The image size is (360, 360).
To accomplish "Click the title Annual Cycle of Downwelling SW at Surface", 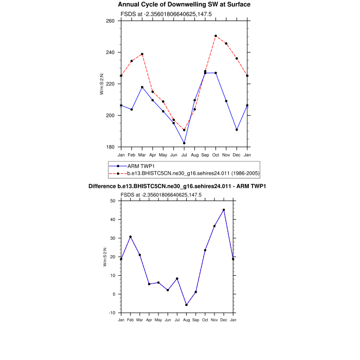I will pyautogui.click(x=184, y=5).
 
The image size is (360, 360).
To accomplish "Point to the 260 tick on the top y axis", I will pyautogui.click(x=111, y=21).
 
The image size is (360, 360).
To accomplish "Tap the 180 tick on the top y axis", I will pyautogui.click(x=111, y=147).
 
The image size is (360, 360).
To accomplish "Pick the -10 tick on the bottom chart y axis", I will pyautogui.click(x=113, y=313).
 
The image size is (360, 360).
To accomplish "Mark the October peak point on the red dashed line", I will pyautogui.click(x=215, y=36).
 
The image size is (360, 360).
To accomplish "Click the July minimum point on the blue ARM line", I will pyautogui.click(x=184, y=143).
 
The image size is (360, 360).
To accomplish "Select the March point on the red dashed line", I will pyautogui.click(x=142, y=54).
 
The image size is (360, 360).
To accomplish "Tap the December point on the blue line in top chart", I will pyautogui.click(x=237, y=130).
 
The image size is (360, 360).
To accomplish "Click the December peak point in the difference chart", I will pyautogui.click(x=224, y=210).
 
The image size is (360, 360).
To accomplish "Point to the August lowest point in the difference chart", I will pyautogui.click(x=186, y=305).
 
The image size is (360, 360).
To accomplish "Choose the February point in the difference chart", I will pyautogui.click(x=131, y=237).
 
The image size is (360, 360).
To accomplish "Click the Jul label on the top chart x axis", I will pyautogui.click(x=184, y=155).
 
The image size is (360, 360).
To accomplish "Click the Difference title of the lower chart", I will pyautogui.click(x=179, y=186).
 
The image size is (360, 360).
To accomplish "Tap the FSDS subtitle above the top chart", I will pyautogui.click(x=166, y=14).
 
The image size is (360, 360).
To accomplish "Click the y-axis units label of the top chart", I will pyautogui.click(x=102, y=84).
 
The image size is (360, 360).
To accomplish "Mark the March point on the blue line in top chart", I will pyautogui.click(x=142, y=87).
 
